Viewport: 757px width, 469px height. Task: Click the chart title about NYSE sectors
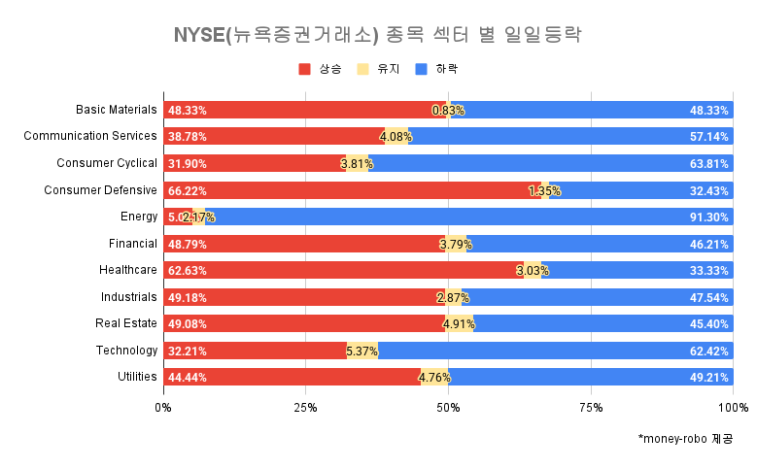pyautogui.click(x=377, y=36)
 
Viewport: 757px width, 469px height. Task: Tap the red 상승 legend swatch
pyautogui.click(x=305, y=70)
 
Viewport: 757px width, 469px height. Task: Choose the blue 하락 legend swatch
pyautogui.click(x=421, y=70)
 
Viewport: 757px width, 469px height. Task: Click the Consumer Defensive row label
pyautogui.click(x=100, y=190)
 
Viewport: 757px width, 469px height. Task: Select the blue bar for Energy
pyautogui.click(x=466, y=217)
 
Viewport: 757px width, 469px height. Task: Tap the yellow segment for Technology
pyautogui.click(x=362, y=350)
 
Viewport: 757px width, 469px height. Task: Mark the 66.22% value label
pyautogui.click(x=188, y=190)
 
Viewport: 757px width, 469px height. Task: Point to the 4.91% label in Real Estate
pyautogui.click(x=458, y=323)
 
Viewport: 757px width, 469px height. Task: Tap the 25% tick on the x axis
pyautogui.click(x=305, y=406)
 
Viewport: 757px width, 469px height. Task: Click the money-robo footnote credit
pyautogui.click(x=685, y=440)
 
